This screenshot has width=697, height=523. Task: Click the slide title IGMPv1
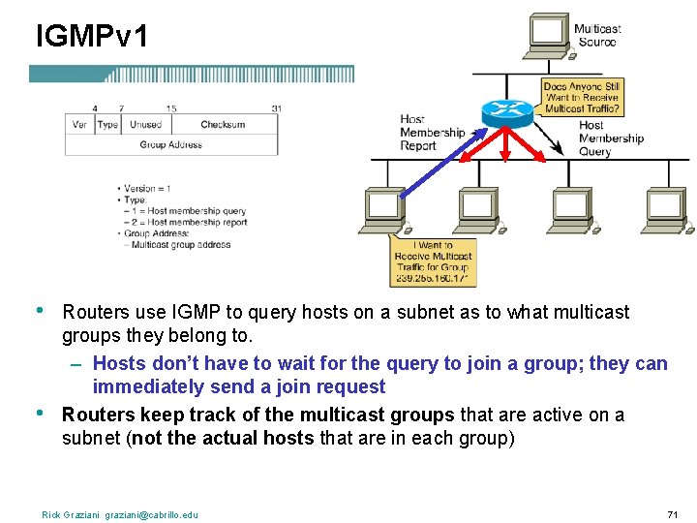92,37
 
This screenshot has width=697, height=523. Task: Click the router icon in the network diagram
507,111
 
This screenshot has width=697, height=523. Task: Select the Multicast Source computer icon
549,35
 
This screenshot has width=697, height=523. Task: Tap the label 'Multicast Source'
596,35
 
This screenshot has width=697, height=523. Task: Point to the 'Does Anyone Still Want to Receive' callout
582,97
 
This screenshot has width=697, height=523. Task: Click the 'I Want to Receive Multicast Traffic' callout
433,261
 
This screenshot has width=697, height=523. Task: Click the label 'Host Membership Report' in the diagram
432,133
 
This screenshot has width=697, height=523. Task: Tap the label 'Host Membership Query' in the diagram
610,138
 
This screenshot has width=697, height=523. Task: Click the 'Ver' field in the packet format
79,125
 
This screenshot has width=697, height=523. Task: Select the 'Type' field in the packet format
107,125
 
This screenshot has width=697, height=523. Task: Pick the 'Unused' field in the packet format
145,125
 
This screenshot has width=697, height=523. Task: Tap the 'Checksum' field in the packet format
223,125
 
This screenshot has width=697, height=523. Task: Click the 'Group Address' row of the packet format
171,145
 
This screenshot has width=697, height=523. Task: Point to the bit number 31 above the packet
277,108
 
